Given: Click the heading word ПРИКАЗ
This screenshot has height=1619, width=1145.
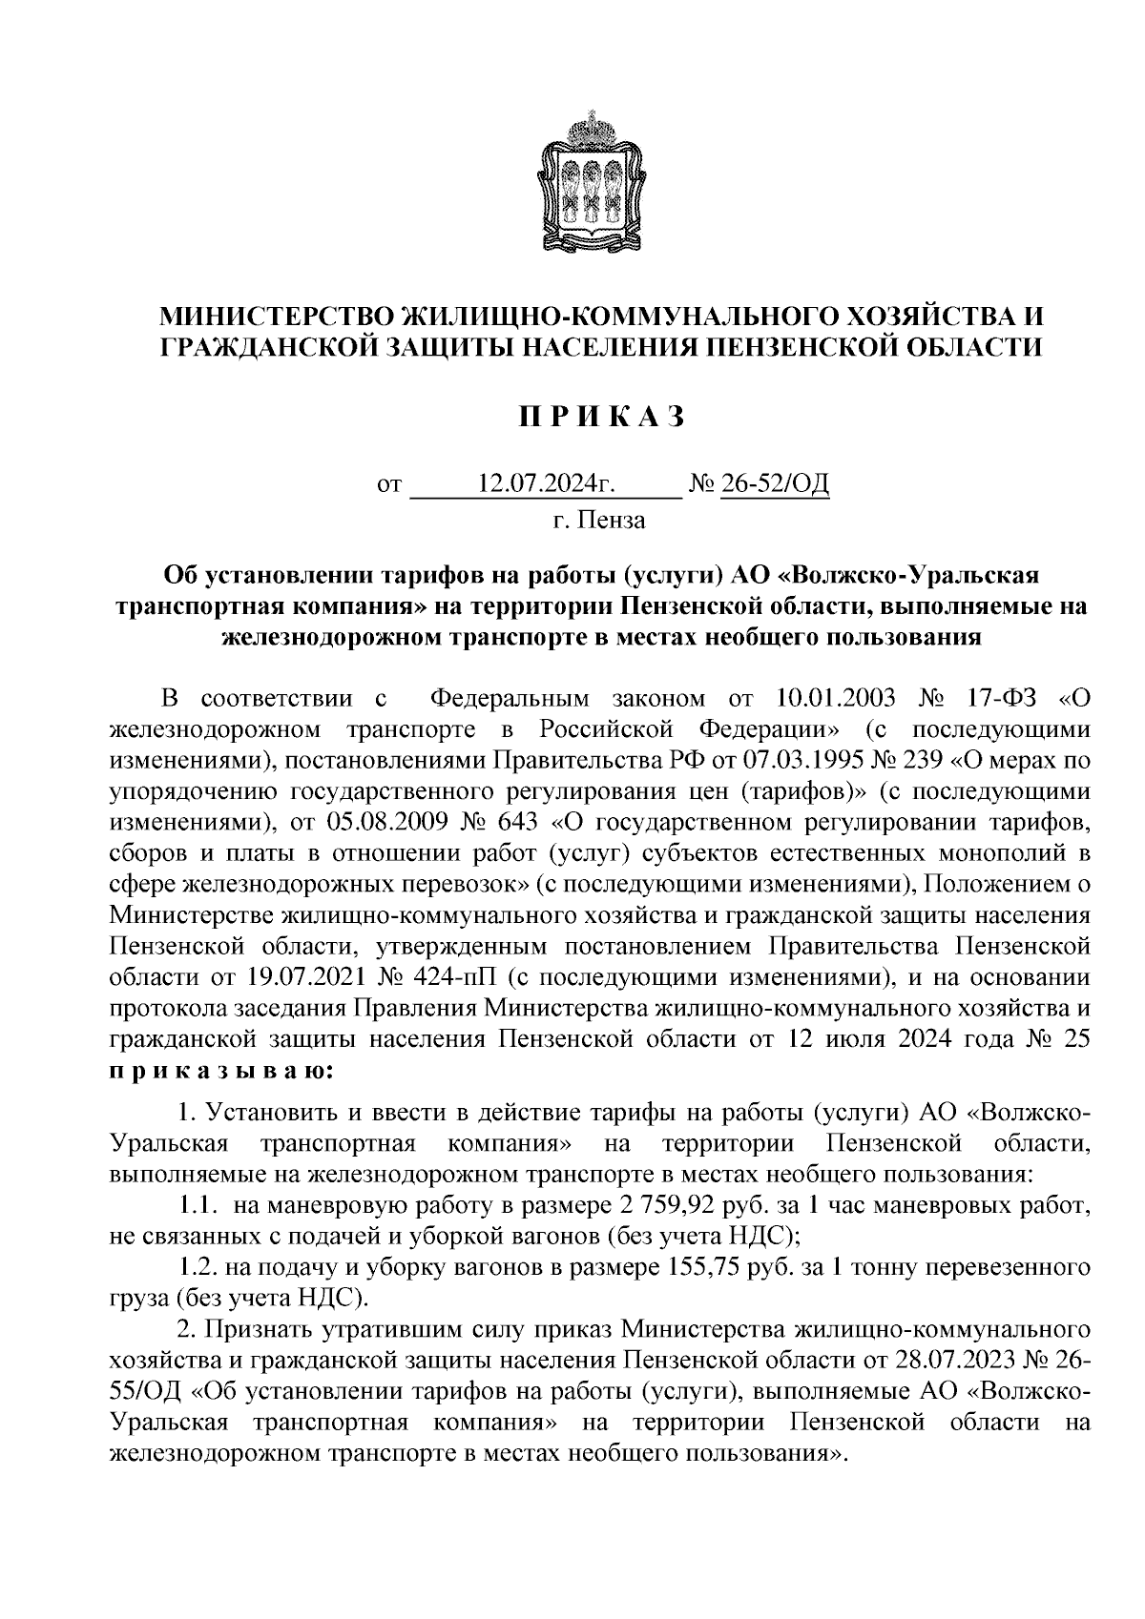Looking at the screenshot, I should click(x=601, y=417).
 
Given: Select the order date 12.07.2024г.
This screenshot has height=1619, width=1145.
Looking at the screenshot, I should click(x=545, y=486).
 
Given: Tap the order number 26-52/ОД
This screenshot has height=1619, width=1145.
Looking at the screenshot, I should click(x=774, y=486).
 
